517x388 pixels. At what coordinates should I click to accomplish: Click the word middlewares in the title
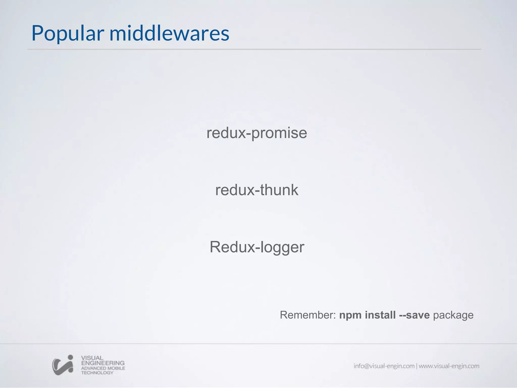[169, 33]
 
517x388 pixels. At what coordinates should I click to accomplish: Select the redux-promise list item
[257, 133]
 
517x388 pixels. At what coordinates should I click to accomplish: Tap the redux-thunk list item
[257, 190]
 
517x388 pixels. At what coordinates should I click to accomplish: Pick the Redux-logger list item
[257, 247]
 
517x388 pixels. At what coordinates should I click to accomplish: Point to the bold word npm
[350, 315]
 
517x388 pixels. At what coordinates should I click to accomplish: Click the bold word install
[380, 315]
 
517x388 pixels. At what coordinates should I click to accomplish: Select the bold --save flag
[414, 315]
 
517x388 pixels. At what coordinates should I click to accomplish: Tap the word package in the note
[453, 315]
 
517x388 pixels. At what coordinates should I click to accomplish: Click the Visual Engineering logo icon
[63, 365]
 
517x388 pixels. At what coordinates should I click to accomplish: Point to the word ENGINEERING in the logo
[103, 363]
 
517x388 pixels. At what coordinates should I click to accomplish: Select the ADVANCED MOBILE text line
[103, 368]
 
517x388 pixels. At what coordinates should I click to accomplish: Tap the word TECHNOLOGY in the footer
[97, 373]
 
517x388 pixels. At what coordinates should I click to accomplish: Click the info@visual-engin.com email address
[384, 366]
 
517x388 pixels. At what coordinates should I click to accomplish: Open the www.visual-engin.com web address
[449, 366]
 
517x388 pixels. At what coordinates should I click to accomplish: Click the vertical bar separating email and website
[417, 366]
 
